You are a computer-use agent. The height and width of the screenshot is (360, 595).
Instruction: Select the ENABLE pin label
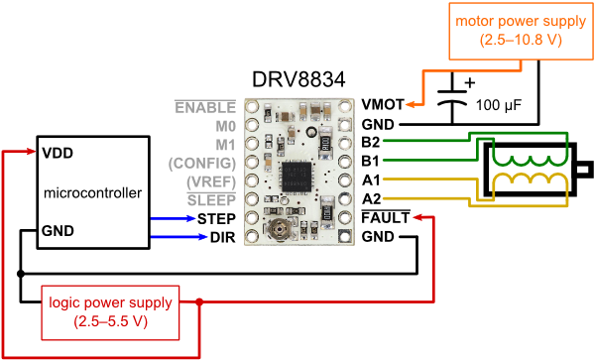pyautogui.click(x=205, y=106)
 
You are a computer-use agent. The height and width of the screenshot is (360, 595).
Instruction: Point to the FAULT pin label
pyautogui.click(x=385, y=217)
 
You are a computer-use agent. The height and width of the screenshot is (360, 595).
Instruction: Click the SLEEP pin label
pyautogui.click(x=212, y=199)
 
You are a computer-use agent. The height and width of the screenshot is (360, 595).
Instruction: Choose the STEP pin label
pyautogui.click(x=216, y=218)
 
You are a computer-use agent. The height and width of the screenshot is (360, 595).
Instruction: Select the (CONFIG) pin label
pyautogui.click(x=202, y=162)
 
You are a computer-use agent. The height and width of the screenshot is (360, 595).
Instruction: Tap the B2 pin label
pyautogui.click(x=371, y=143)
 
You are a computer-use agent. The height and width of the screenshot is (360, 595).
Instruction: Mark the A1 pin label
pyautogui.click(x=371, y=180)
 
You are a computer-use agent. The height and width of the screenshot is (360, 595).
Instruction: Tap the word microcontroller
pyautogui.click(x=93, y=191)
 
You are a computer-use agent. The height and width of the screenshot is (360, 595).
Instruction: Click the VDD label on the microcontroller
pyautogui.click(x=57, y=154)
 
